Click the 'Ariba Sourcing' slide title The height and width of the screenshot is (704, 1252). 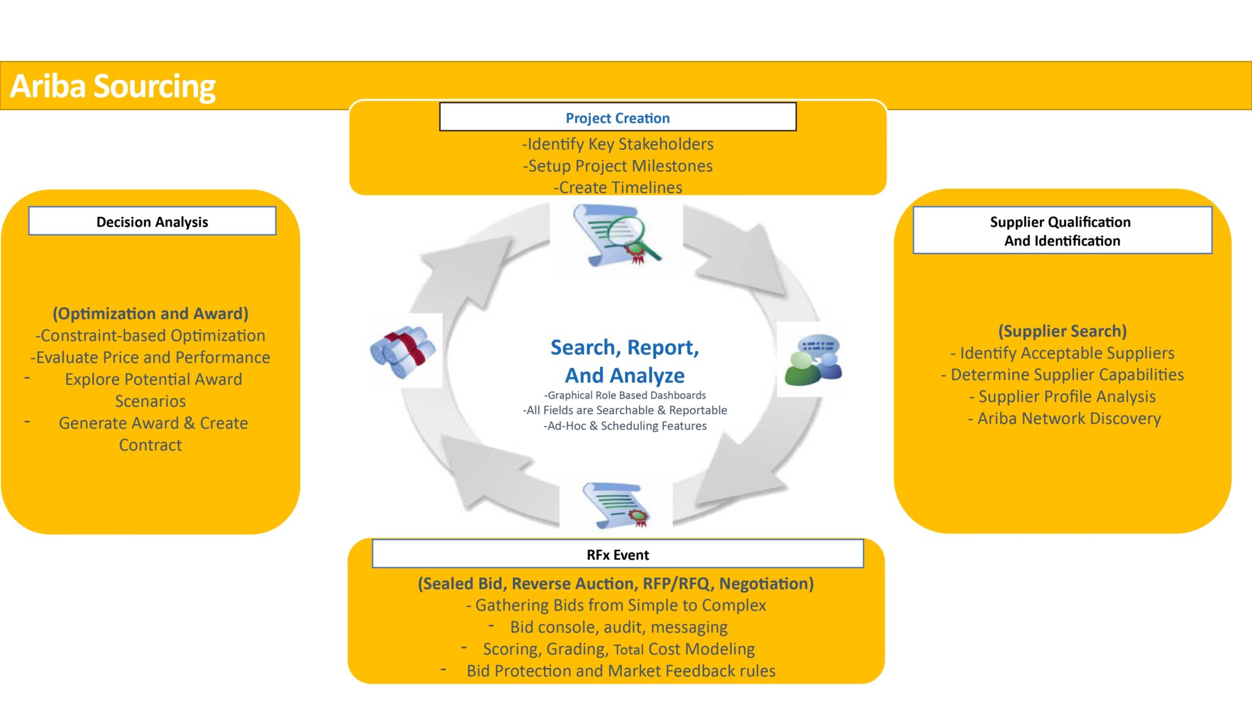point(113,86)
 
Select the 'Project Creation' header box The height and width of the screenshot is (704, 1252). point(617,117)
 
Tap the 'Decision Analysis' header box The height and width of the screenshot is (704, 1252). point(152,221)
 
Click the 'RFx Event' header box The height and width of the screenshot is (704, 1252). point(617,554)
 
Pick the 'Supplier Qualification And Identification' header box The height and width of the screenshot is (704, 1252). point(1062,230)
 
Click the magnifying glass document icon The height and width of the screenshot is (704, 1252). point(616,235)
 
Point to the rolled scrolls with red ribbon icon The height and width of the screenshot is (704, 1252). point(403,351)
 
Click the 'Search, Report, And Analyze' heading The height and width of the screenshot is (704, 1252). point(625,361)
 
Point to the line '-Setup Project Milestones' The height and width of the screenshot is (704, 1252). point(617,166)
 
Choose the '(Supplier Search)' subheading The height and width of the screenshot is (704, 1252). point(1062,331)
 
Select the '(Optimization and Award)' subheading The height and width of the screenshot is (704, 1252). point(150,313)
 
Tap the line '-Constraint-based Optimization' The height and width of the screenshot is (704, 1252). point(150,335)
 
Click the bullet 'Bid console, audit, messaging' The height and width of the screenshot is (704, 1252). point(618,627)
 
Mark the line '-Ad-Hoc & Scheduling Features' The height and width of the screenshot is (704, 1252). point(625,426)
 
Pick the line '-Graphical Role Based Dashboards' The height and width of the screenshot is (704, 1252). point(625,395)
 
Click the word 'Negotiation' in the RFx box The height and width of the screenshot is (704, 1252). point(766,584)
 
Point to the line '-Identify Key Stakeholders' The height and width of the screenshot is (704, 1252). point(617,144)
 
